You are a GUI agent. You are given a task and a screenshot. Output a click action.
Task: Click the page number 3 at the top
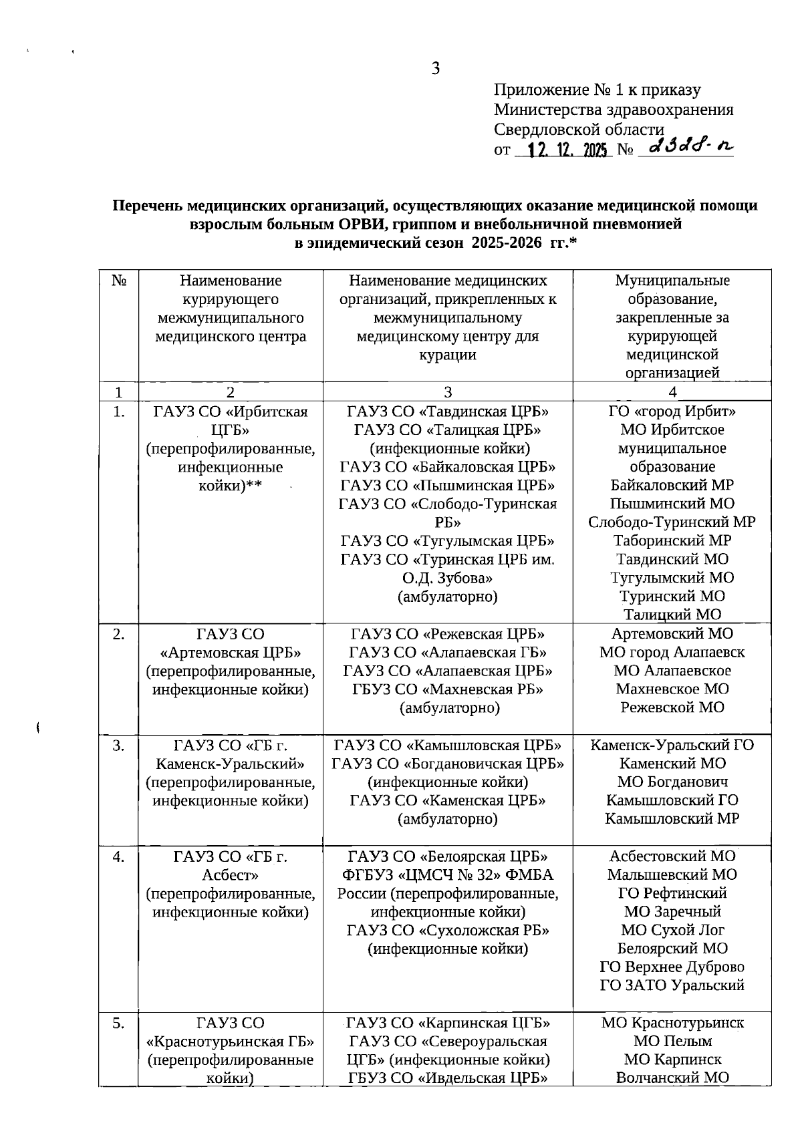pos(435,68)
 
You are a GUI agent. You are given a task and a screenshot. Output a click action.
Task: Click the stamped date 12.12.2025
pos(567,151)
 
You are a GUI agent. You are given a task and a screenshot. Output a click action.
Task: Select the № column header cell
pos(119,281)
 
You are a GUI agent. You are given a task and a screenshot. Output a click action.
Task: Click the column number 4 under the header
pos(672,392)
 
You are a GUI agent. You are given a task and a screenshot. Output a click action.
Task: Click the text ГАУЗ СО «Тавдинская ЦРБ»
pos(447,412)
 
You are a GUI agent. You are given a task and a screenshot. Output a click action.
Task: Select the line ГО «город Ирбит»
pos(672,412)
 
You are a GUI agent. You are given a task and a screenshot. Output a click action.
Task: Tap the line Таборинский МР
pos(672,540)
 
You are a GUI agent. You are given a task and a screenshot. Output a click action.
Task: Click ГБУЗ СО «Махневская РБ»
pos(447,689)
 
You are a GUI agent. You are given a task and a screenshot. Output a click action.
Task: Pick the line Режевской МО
pos(672,707)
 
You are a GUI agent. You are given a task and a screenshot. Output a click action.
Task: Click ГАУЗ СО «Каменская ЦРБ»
pos(447,800)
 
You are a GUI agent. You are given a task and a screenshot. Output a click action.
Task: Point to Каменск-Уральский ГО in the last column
pos(672,745)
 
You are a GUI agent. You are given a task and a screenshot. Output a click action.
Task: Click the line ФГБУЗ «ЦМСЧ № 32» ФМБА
pos(447,874)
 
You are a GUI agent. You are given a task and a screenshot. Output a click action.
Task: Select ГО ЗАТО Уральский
pos(672,985)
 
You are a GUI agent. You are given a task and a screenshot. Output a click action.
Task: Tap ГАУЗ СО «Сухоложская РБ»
pos(447,930)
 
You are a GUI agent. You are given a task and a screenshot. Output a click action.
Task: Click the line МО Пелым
pos(672,1041)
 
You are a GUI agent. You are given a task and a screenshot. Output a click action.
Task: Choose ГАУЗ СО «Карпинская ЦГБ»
pos(447,1023)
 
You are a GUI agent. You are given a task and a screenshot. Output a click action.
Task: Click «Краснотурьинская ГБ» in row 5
pos(231,1041)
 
